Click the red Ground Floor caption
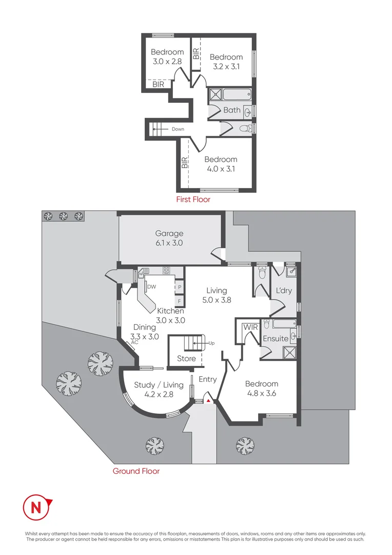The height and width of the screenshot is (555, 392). tap(136, 471)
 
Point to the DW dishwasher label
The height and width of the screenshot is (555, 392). tap(152, 287)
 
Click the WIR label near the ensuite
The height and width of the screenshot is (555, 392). tap(250, 327)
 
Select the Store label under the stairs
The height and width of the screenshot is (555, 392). tap(186, 358)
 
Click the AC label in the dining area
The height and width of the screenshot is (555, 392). tap(134, 342)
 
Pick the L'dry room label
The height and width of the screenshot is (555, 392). tap(284, 290)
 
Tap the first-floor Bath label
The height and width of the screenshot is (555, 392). tap(231, 110)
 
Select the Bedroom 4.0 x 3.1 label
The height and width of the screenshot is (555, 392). tap(221, 164)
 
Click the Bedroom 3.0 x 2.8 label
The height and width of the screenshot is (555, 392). tap(167, 57)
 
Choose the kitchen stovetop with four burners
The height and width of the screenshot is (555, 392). tap(167, 270)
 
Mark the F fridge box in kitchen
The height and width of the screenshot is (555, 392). tap(179, 301)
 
